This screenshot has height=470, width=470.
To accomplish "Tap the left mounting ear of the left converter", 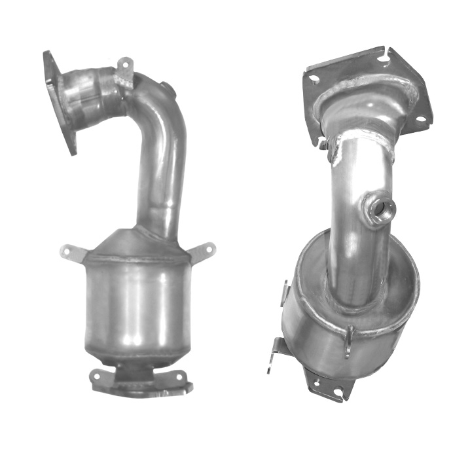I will point(71,251).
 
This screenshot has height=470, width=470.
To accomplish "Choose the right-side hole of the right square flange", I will point(422,119).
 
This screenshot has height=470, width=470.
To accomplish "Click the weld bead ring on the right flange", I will point(367,92).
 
